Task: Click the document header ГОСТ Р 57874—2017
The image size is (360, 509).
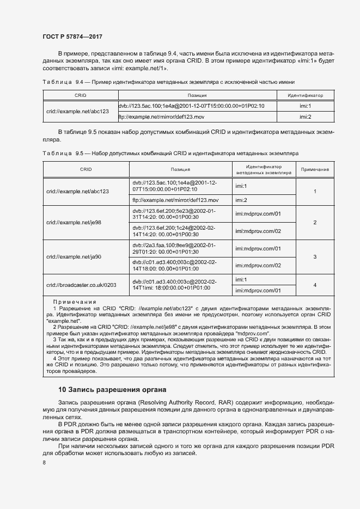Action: [x=72, y=36]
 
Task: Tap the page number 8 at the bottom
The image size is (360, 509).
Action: [x=44, y=462]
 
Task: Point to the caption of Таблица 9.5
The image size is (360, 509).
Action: [x=170, y=154]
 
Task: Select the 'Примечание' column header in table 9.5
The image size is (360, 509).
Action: [x=315, y=170]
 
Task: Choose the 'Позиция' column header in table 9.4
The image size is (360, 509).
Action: [x=197, y=95]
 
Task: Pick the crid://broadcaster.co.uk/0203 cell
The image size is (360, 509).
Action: [x=82, y=285]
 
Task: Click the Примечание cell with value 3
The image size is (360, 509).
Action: [x=315, y=256]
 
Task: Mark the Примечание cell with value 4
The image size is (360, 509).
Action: [x=315, y=285]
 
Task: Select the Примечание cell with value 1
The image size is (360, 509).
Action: [x=315, y=191]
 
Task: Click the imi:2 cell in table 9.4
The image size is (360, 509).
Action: [x=305, y=117]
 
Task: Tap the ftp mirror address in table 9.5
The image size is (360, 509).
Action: [x=168, y=200]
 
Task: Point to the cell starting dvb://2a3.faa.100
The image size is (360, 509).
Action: [x=174, y=248]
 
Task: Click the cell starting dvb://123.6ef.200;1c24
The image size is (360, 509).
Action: [x=174, y=231]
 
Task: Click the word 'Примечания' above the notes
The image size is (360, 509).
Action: [x=75, y=302]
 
